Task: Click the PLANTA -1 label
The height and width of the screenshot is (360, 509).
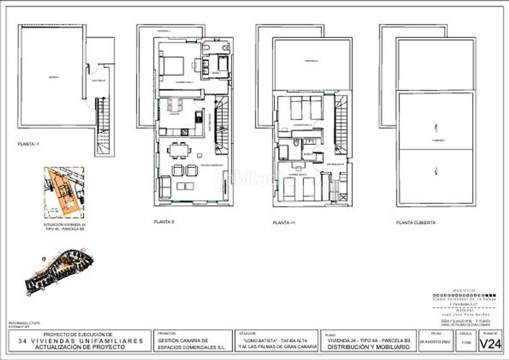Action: pyautogui.click(x=29, y=146)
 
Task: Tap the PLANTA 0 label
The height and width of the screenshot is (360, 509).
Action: pyautogui.click(x=164, y=222)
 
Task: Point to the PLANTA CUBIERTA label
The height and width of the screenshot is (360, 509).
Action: pyautogui.click(x=415, y=223)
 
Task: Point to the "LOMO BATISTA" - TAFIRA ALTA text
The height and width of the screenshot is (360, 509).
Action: pyautogui.click(x=276, y=341)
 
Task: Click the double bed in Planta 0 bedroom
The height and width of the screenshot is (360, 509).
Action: pyautogui.click(x=172, y=66)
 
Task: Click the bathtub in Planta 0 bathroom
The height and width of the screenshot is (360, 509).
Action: pyautogui.click(x=223, y=64)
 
